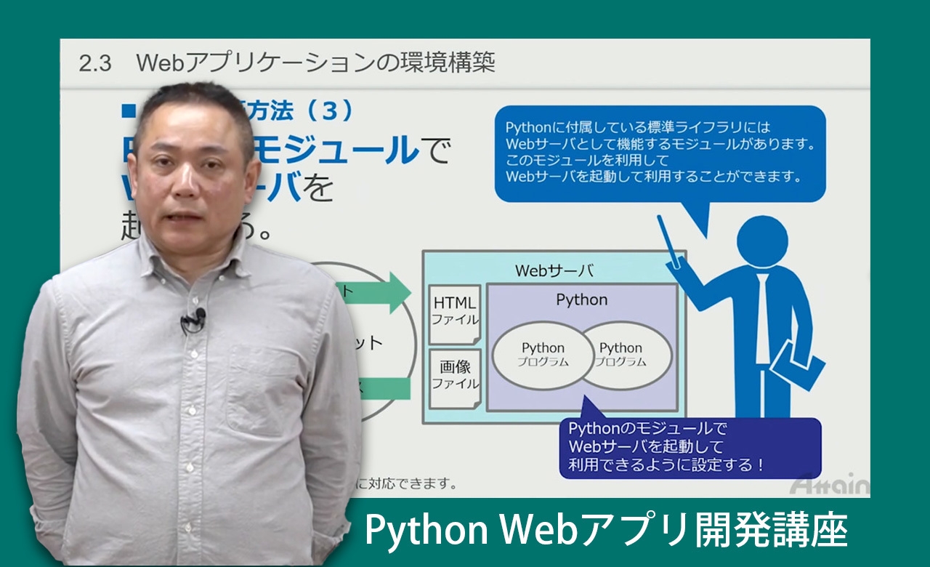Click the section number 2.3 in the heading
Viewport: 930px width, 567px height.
click(94, 63)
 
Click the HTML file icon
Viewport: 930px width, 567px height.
click(455, 313)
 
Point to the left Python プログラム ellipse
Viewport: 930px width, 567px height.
click(543, 355)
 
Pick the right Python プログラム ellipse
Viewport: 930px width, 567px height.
click(622, 355)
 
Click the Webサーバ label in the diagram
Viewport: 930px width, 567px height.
click(554, 271)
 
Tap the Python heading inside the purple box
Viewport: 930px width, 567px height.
click(581, 299)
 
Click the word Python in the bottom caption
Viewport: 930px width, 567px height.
click(415, 531)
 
